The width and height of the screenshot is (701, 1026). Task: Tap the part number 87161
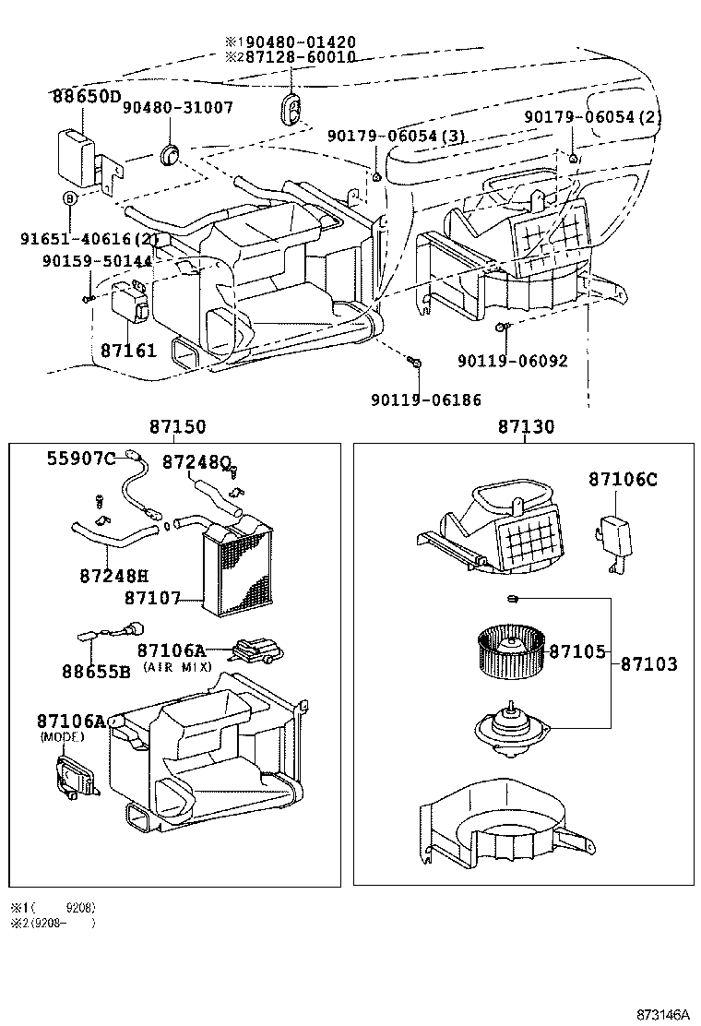tap(128, 352)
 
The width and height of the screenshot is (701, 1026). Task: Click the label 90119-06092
tap(513, 361)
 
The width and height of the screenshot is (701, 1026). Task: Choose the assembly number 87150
tap(178, 427)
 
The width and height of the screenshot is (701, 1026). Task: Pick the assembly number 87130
tap(527, 427)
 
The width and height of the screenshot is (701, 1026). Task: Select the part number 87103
tap(648, 663)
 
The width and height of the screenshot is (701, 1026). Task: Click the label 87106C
tap(623, 479)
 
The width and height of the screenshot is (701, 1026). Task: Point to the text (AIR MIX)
tap(177, 666)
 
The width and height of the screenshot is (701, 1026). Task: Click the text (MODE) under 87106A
tap(62, 737)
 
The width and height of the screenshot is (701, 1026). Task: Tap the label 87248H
tap(113, 575)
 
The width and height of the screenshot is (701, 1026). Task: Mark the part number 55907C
tap(81, 459)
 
